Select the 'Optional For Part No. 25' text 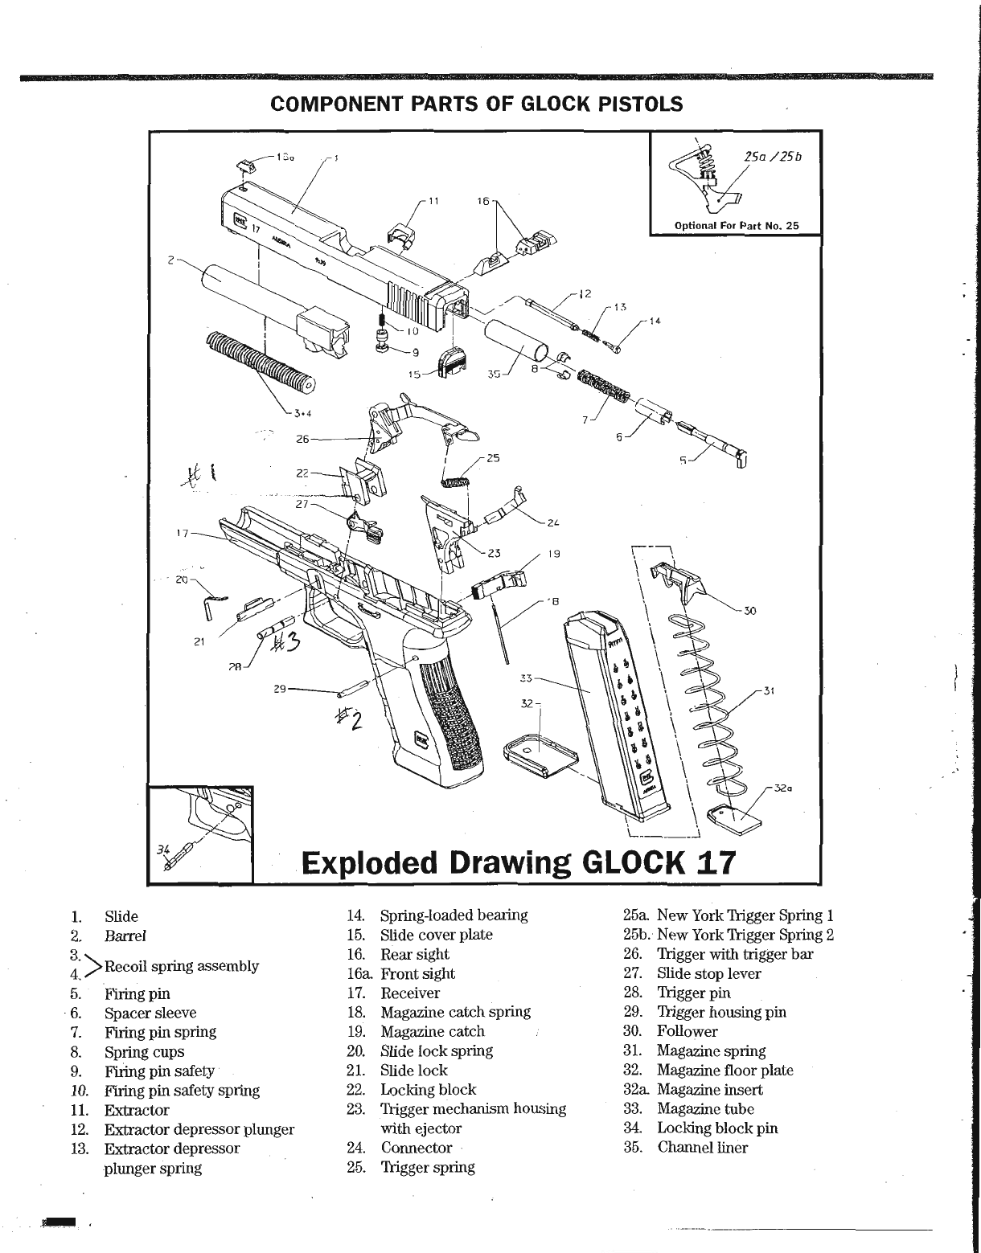coord(737,225)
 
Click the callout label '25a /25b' coord(773,158)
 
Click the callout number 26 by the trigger coord(302,439)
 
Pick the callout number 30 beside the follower coord(750,611)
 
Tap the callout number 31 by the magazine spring coord(769,690)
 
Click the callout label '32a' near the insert coord(784,788)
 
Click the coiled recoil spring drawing coord(260,362)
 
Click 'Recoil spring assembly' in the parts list coord(181,965)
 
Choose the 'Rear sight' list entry coord(414,954)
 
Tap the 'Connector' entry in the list coord(416,1148)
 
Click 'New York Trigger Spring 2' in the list coord(745,935)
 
